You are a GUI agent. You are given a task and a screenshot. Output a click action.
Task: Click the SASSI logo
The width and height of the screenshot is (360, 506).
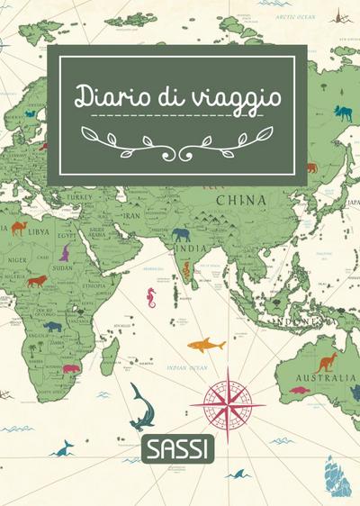click(x=178, y=447)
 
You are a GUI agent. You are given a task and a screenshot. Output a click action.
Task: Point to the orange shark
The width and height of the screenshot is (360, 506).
click(x=206, y=344)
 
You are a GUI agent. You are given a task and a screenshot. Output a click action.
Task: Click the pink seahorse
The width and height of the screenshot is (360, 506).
click(x=151, y=298)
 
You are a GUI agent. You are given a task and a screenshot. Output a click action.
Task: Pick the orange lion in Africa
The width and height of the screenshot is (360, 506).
click(x=37, y=281)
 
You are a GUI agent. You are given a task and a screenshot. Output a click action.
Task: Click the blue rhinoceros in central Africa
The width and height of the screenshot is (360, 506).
click(x=53, y=326)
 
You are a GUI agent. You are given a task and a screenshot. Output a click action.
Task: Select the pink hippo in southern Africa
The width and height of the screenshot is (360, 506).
click(x=73, y=368)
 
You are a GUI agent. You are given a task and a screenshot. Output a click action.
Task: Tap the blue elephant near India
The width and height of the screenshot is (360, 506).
click(x=182, y=235)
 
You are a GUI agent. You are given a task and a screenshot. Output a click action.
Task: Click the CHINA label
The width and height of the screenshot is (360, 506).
click(x=239, y=199)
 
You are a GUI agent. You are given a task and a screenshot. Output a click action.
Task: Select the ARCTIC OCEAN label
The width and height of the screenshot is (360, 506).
click(x=295, y=16)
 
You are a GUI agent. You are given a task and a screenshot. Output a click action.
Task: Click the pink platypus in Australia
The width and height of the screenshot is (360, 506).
click(x=298, y=391)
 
